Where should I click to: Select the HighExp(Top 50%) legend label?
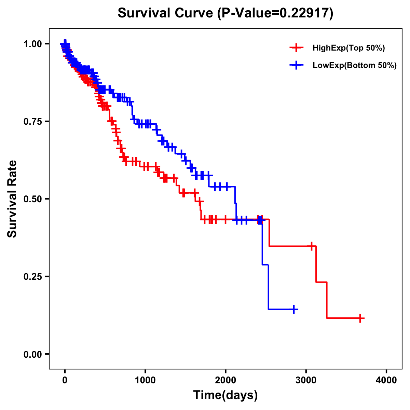point(348,48)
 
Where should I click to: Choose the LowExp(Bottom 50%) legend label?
point(355,66)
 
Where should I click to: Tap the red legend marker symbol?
point(296,48)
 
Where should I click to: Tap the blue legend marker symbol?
point(296,65)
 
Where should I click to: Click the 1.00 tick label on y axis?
point(32,44)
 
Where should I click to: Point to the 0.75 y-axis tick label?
point(32,122)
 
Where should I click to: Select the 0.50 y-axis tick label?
point(32,199)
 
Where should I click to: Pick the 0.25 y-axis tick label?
point(32,277)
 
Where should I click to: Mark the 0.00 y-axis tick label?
point(32,354)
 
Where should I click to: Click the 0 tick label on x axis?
point(65,380)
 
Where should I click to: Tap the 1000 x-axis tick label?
point(145,380)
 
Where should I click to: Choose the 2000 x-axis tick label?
point(225,380)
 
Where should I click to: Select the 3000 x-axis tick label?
point(306,380)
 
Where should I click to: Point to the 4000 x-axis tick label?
point(386,380)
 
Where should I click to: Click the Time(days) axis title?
point(225,395)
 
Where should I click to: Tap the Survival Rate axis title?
point(12,199)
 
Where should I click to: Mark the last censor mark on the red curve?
point(359,318)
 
